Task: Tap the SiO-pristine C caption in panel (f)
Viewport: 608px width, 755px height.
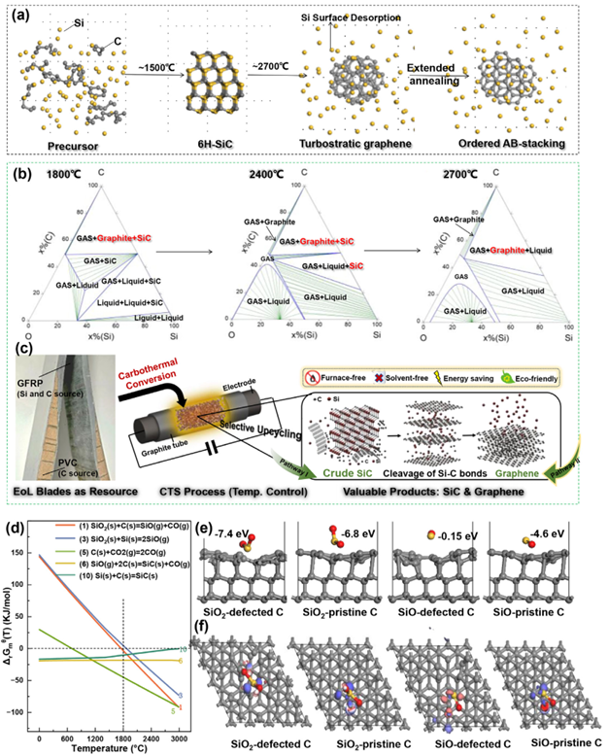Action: [550, 744]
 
